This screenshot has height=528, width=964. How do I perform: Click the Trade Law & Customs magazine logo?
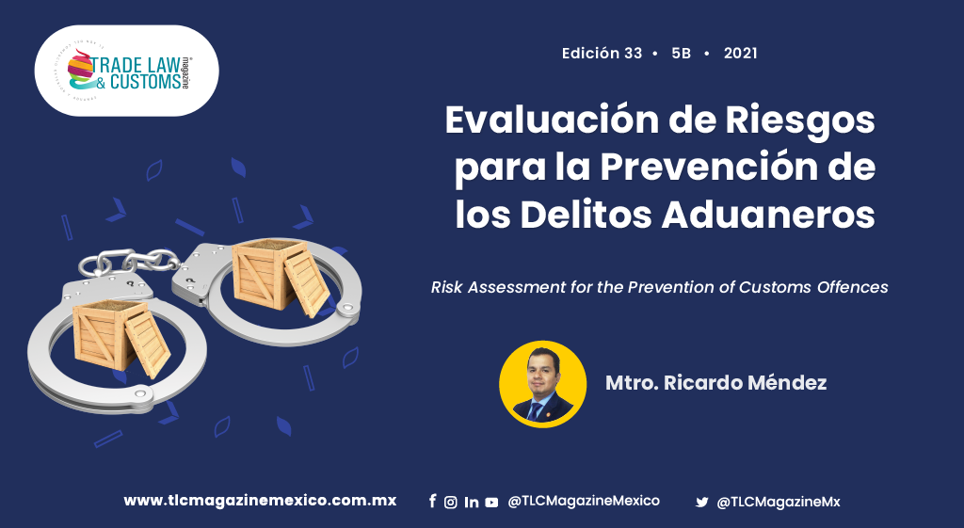pyautogui.click(x=126, y=71)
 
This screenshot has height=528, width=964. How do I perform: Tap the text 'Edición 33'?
pyautogui.click(x=602, y=54)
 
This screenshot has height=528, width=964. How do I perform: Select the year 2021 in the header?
pyautogui.click(x=740, y=54)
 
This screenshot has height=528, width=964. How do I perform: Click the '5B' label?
pyautogui.click(x=682, y=54)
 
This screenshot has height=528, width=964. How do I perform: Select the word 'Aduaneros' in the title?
pyautogui.click(x=768, y=215)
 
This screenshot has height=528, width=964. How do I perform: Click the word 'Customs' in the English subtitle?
pyautogui.click(x=775, y=287)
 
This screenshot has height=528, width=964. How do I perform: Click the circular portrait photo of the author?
pyautogui.click(x=543, y=384)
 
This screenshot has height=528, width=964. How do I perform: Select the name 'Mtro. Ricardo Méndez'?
pyautogui.click(x=716, y=383)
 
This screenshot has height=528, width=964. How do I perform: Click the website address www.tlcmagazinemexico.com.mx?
pyautogui.click(x=260, y=501)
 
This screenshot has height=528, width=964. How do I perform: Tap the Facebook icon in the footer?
pyautogui.click(x=433, y=502)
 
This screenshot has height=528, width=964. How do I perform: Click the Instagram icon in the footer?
pyautogui.click(x=451, y=503)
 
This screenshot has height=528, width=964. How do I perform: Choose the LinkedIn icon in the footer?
pyautogui.click(x=472, y=503)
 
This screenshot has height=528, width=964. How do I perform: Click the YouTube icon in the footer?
pyautogui.click(x=491, y=503)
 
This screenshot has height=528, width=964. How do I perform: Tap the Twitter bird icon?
pyautogui.click(x=702, y=503)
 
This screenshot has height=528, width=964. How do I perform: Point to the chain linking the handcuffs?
pyautogui.click(x=129, y=262)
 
